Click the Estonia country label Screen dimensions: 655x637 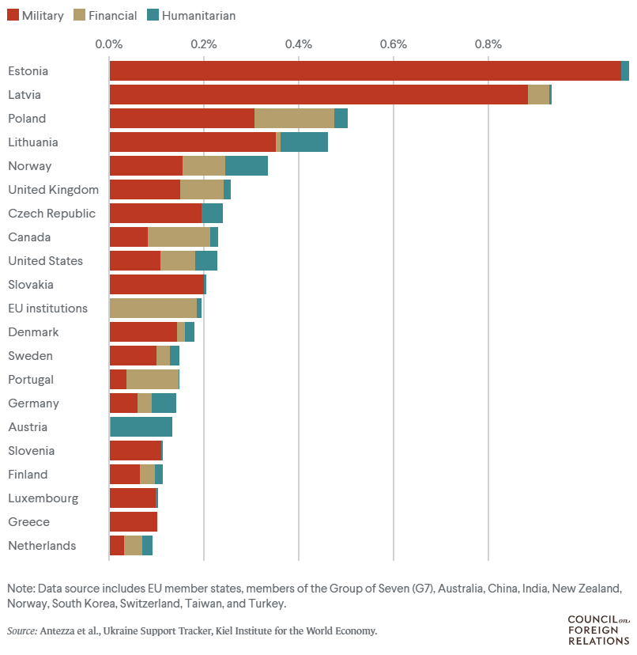(x=28, y=71)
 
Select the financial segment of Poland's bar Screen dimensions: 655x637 (x=294, y=119)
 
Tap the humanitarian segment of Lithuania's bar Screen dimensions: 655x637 (x=304, y=142)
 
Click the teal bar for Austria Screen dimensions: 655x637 (x=141, y=427)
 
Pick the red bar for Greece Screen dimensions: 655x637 (x=133, y=522)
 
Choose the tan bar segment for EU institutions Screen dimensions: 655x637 (x=153, y=309)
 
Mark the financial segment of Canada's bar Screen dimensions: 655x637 (x=179, y=237)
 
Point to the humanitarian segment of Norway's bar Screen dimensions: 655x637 (x=247, y=166)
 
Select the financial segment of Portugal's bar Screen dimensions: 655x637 (x=153, y=380)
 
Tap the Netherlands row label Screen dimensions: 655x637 (x=42, y=546)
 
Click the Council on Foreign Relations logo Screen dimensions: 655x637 (x=598, y=629)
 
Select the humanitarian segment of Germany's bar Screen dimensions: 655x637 (x=164, y=403)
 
